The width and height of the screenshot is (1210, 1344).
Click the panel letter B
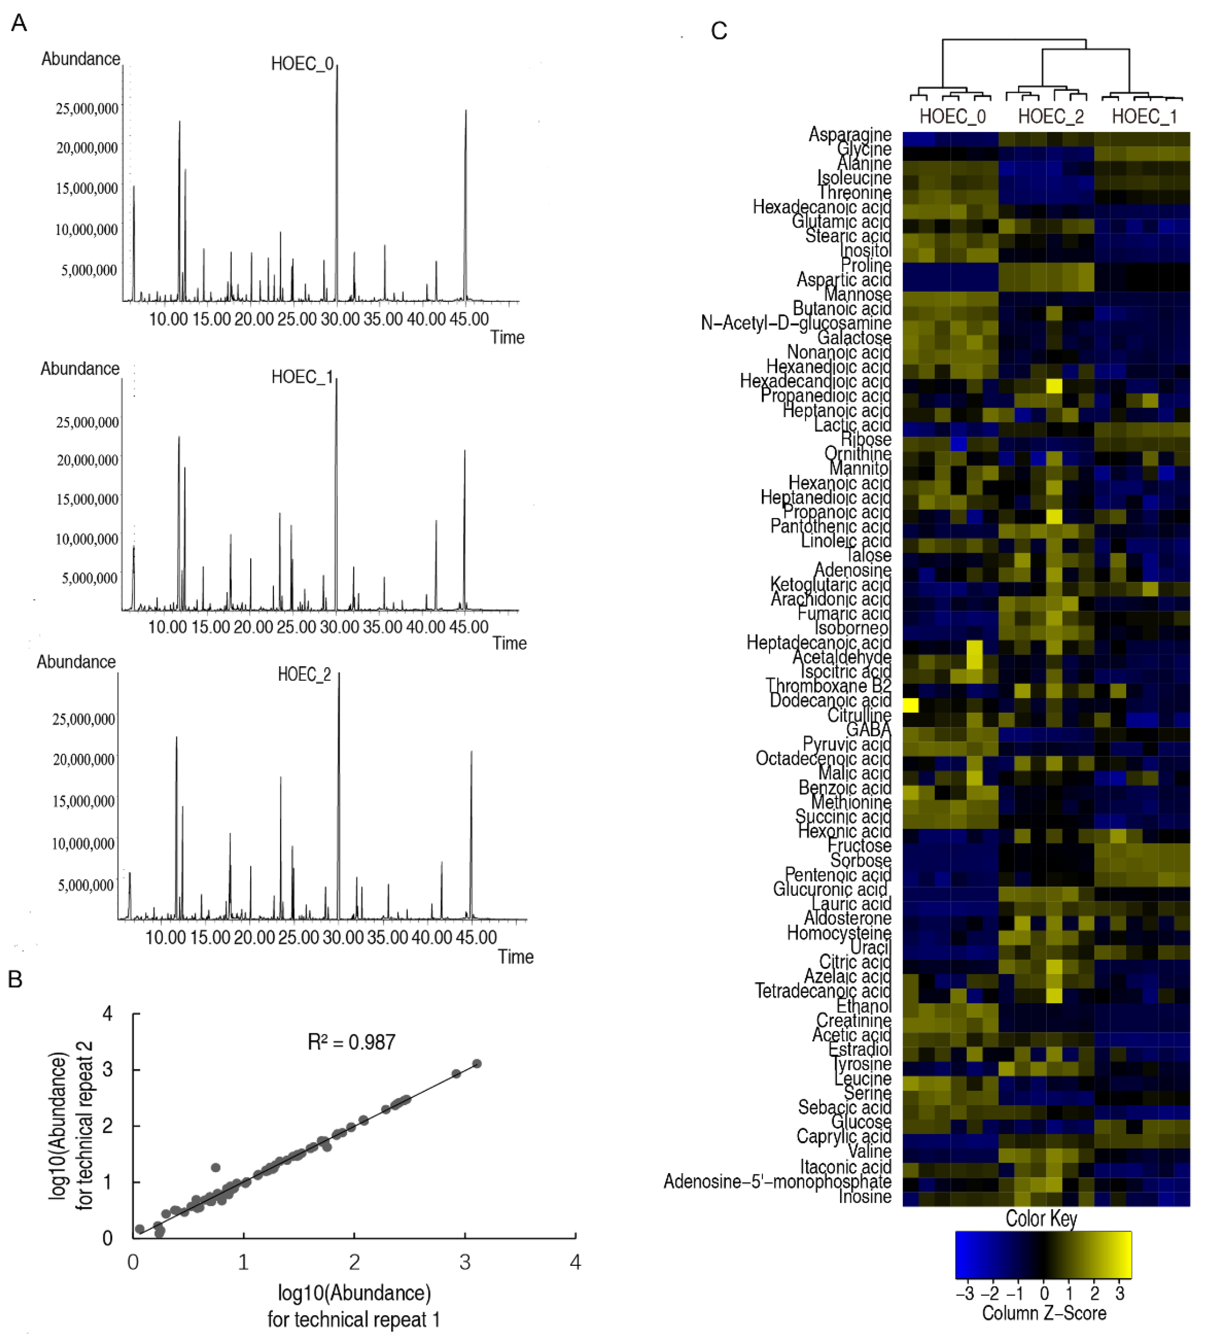point(15,979)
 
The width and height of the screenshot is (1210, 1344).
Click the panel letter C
point(719,31)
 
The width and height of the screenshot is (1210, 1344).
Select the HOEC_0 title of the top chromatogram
point(302,64)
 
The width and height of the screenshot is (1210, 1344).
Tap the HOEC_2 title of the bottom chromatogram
point(304,675)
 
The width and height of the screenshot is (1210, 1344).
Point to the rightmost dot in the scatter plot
point(476,1064)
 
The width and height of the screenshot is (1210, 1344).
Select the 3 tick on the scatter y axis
point(108,1069)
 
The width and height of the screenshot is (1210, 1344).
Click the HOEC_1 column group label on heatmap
point(1144,117)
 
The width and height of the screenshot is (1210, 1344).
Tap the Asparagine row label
point(849,134)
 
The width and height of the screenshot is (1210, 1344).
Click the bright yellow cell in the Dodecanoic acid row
point(910,705)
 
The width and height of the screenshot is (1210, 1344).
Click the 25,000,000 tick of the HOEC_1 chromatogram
point(87,423)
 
